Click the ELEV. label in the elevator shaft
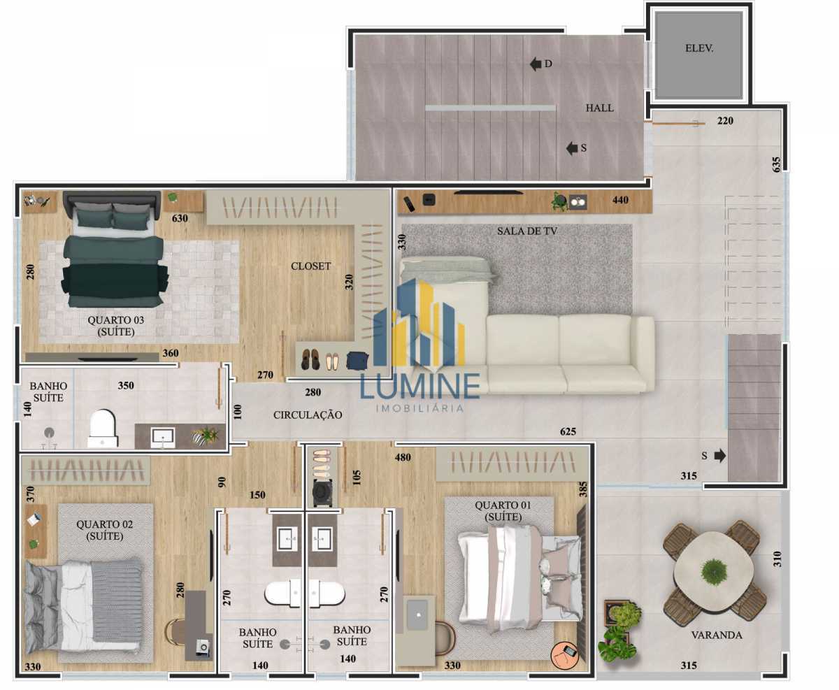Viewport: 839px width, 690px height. point(699,48)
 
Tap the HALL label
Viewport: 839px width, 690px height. point(599,108)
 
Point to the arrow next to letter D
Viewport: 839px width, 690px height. point(536,64)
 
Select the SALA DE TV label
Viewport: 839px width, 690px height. point(526,231)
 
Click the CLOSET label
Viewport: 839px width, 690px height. point(310,266)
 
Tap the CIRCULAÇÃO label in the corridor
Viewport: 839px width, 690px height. point(308,415)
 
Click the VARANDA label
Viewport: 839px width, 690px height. point(717,635)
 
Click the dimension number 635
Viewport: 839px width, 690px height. point(776,165)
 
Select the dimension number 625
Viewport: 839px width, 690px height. point(568,431)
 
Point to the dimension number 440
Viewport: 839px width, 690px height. point(620,200)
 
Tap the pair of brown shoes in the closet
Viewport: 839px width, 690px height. point(310,359)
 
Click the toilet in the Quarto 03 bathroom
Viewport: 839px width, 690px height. point(103,429)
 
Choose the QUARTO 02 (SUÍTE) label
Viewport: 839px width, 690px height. point(105,530)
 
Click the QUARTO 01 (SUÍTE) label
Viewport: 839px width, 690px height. point(503,510)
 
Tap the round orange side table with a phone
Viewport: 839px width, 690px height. point(564,655)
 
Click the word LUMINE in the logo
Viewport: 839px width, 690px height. point(420,385)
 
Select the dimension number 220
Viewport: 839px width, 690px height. point(725,121)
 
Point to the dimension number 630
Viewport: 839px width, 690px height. point(180,218)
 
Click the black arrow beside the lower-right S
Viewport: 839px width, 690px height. point(719,456)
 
